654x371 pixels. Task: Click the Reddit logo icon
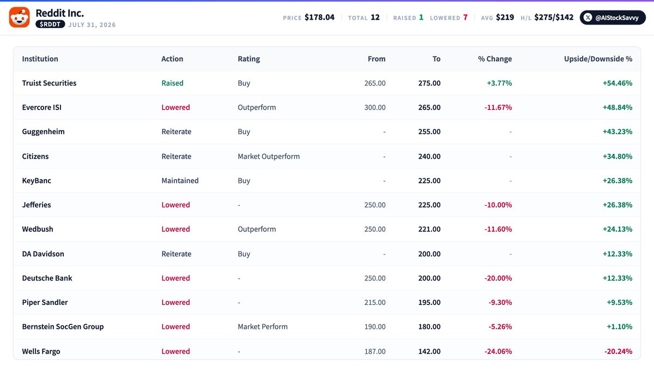19,17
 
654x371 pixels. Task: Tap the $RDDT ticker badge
50,24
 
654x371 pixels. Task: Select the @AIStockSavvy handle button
613,17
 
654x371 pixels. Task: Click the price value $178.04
319,17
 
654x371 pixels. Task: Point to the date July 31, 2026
92,25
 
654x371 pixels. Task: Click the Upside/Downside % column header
598,59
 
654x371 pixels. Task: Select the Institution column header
40,59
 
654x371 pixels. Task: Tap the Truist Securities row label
49,83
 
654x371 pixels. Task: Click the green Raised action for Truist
172,83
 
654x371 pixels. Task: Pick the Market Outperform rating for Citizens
269,157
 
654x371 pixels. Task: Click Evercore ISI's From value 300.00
375,107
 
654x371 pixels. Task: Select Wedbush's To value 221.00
429,229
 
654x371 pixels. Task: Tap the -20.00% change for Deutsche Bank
498,278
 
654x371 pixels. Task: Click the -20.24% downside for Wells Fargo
618,351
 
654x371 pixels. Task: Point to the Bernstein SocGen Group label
63,327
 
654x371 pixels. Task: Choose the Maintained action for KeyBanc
180,181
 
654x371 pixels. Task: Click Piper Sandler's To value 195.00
429,302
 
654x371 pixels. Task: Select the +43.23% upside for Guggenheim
617,131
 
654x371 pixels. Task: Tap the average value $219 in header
505,17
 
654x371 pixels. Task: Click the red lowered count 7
465,17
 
